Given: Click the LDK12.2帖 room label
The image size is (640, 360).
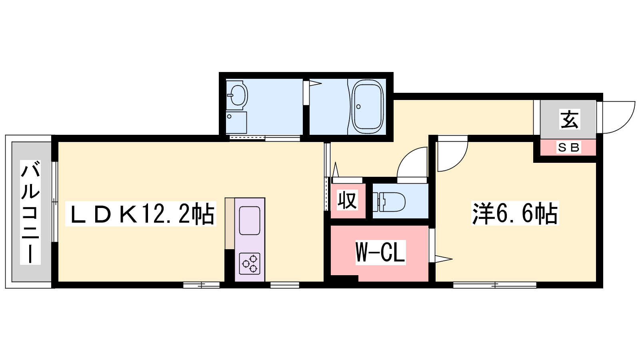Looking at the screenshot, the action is click(140, 214).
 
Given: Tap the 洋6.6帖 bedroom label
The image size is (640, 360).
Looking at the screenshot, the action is click(515, 214).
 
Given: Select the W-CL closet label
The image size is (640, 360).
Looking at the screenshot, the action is click(380, 252).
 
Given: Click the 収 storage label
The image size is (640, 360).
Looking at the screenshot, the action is click(347, 200).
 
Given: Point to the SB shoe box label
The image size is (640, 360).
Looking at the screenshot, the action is click(568, 148).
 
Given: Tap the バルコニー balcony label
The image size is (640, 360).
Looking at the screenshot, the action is click(30, 212).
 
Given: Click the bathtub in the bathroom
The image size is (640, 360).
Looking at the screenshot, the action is click(368, 106).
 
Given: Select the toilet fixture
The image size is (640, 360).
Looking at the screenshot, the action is click(389, 202).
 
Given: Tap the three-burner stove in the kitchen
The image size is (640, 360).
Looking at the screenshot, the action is click(250, 264).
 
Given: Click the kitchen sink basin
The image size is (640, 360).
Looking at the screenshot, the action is click(250, 221).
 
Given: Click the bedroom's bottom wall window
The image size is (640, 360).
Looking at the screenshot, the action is click(495, 285).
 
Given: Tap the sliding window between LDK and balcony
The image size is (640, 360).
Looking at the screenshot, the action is click(54, 202).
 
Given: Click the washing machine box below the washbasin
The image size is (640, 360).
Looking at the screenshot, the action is click(236, 122).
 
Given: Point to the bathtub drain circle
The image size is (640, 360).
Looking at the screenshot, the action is click(358, 106).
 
